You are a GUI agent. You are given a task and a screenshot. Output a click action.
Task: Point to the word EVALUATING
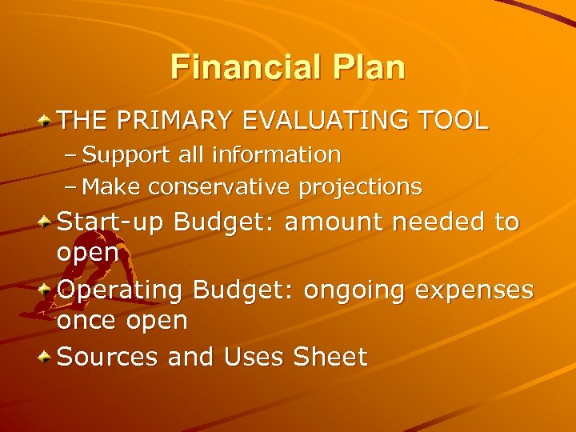(x=330, y=121)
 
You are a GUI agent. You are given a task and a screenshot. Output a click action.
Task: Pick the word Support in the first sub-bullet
(x=121, y=154)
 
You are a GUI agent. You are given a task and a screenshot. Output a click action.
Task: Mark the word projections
(x=360, y=186)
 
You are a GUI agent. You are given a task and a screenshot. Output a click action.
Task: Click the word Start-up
(x=111, y=222)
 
